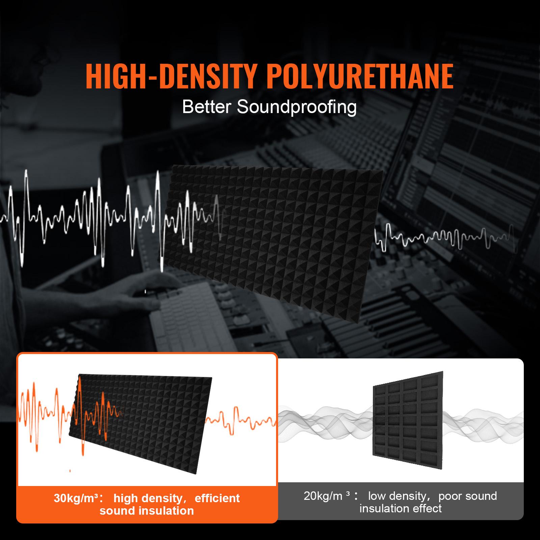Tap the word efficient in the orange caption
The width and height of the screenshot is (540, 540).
[217, 498]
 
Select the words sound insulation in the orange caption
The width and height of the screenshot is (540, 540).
[147, 511]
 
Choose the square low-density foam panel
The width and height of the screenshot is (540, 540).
[408, 424]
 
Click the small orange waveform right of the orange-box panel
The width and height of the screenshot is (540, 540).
[240, 421]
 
